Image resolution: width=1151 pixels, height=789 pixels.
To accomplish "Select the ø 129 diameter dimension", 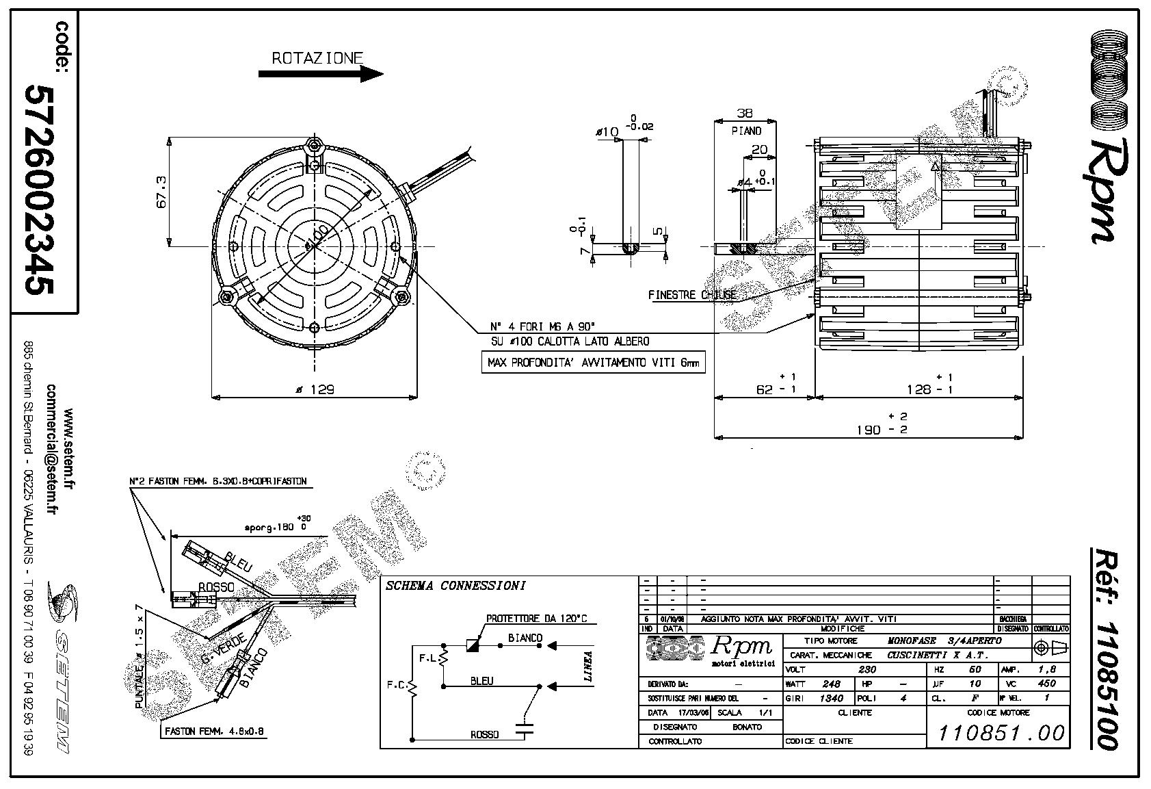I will click(x=314, y=389).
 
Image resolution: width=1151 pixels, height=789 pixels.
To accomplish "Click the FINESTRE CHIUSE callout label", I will click(x=692, y=295).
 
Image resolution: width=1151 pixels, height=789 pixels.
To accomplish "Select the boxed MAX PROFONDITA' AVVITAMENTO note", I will click(x=593, y=363).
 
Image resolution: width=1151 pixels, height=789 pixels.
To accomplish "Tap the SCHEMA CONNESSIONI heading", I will click(x=455, y=586).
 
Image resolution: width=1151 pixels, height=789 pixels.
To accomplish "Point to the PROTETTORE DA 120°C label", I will click(x=536, y=619).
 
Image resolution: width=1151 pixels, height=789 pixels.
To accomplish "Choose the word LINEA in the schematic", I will click(x=587, y=667).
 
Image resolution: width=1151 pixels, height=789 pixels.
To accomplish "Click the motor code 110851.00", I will click(x=1001, y=733).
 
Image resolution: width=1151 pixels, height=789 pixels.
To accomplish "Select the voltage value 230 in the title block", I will click(x=867, y=670).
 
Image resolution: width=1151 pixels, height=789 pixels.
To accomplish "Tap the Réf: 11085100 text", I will click(x=1104, y=647).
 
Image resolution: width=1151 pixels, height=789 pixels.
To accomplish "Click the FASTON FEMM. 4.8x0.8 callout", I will click(x=214, y=732).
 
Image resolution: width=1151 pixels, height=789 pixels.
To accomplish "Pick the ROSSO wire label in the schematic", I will click(x=484, y=734).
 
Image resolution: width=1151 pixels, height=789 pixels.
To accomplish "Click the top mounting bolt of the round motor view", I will click(x=314, y=145).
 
